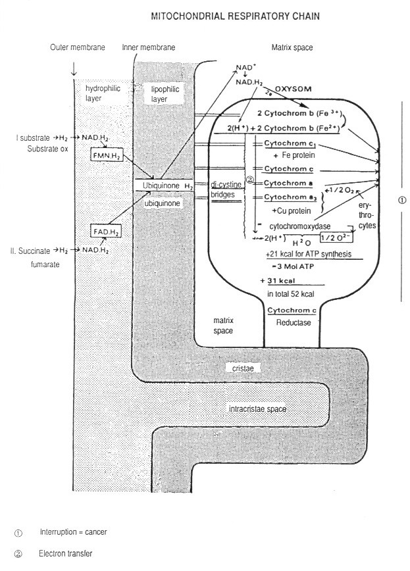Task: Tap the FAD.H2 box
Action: [105, 231]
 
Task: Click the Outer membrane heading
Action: [77, 48]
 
